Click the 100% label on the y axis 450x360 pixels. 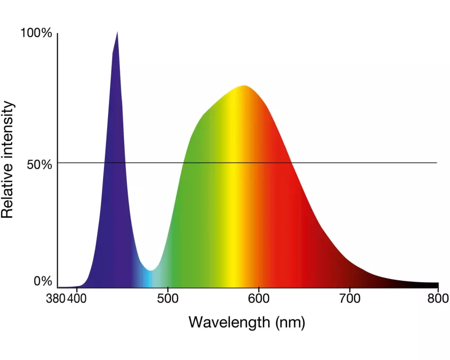coord(36,34)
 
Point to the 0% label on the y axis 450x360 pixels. coord(43,281)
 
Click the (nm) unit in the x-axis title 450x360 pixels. coord(289,322)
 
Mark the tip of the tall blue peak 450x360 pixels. coord(117,32)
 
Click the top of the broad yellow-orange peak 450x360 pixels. coord(245,85)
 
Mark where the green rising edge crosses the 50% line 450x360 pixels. coord(183,162)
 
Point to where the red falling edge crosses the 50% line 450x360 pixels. coord(291,162)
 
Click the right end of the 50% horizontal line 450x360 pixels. coord(436,162)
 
